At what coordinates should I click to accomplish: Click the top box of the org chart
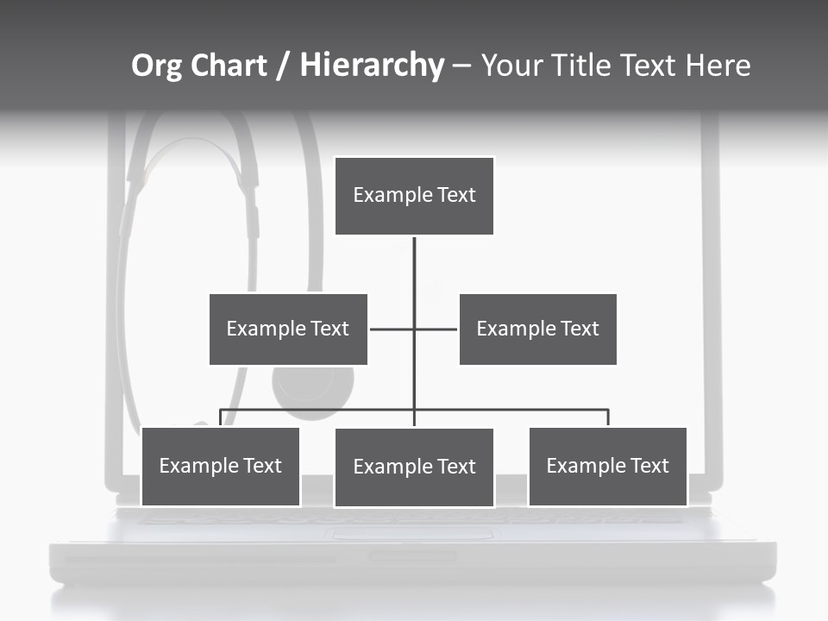pos(414,195)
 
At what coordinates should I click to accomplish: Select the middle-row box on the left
pos(288,329)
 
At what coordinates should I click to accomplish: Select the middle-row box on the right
pos(537,329)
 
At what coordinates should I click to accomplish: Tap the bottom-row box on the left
pos(221,466)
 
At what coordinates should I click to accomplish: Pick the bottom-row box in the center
pos(414,467)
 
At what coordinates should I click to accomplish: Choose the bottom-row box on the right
pos(607,466)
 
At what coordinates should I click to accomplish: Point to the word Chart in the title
pos(228,66)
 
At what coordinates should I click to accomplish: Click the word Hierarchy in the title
pos(372,66)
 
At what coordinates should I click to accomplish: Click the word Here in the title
pos(718,66)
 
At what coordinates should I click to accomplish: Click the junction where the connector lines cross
pos(414,329)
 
